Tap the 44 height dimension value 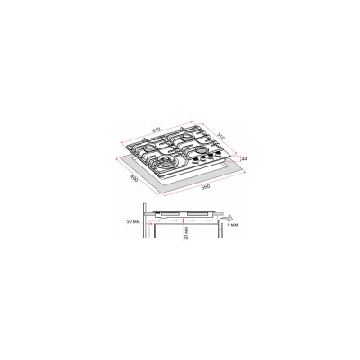tap(243, 159)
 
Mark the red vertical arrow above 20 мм tap(185, 219)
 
